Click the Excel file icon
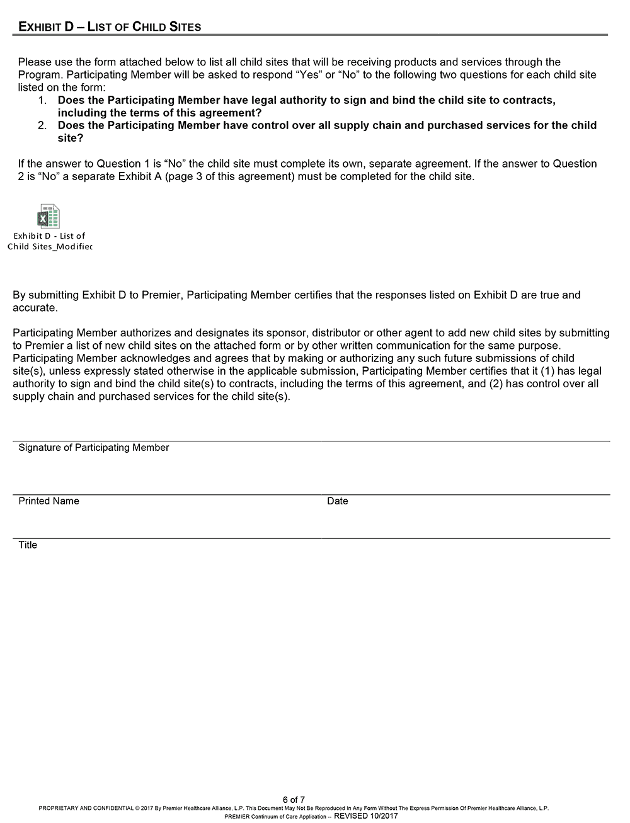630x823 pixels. point(49,216)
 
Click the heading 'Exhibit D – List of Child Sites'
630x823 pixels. point(110,26)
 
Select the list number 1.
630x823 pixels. point(42,100)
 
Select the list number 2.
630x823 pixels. point(42,125)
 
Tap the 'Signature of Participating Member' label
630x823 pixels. point(94,448)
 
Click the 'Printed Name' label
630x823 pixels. point(49,501)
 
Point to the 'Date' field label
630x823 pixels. point(337,501)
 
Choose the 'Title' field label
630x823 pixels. point(28,545)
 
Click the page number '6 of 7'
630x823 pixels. point(294,800)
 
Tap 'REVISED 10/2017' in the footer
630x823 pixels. point(365,816)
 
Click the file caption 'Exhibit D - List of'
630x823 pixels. point(49,236)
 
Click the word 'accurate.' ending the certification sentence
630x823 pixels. point(35,308)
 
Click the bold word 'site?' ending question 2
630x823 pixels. point(71,138)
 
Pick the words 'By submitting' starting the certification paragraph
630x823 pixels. point(45,295)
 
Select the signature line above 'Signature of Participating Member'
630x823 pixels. point(311,441)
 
